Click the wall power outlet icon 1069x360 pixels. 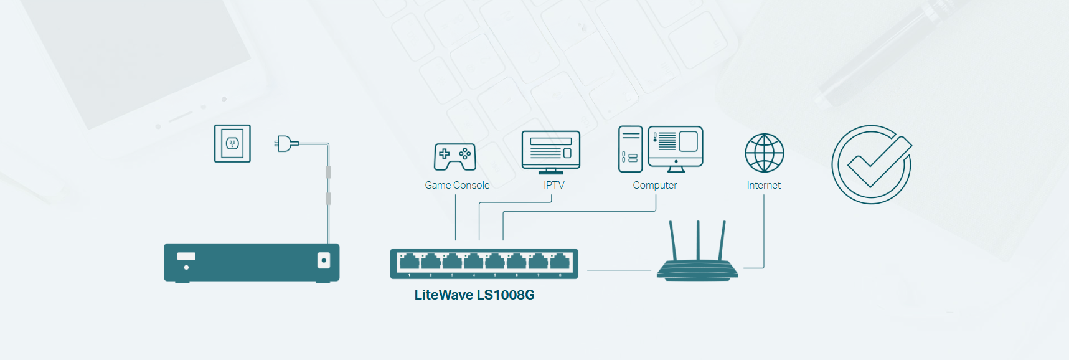coord(232,144)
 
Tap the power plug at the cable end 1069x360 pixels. coord(285,144)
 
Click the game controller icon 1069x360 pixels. coord(455,156)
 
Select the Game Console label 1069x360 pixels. coord(457,186)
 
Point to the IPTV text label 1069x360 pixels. coord(553,186)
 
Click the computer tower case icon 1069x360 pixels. coord(630,149)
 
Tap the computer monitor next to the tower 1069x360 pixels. coord(676,148)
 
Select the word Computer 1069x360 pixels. coord(654,186)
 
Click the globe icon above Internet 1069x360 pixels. coord(764,153)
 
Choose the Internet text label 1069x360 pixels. coord(763,186)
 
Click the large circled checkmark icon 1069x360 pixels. coord(872,164)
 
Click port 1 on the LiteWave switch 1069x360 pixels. coord(409,262)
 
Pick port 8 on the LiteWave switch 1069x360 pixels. coord(560,262)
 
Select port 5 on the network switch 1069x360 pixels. coord(495,262)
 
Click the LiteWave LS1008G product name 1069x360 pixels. coord(474,295)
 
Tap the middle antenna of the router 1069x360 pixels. coord(698,240)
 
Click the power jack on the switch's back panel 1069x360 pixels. coord(323,260)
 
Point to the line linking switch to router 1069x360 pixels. coord(619,270)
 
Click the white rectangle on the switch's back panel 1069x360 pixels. coord(186,256)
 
